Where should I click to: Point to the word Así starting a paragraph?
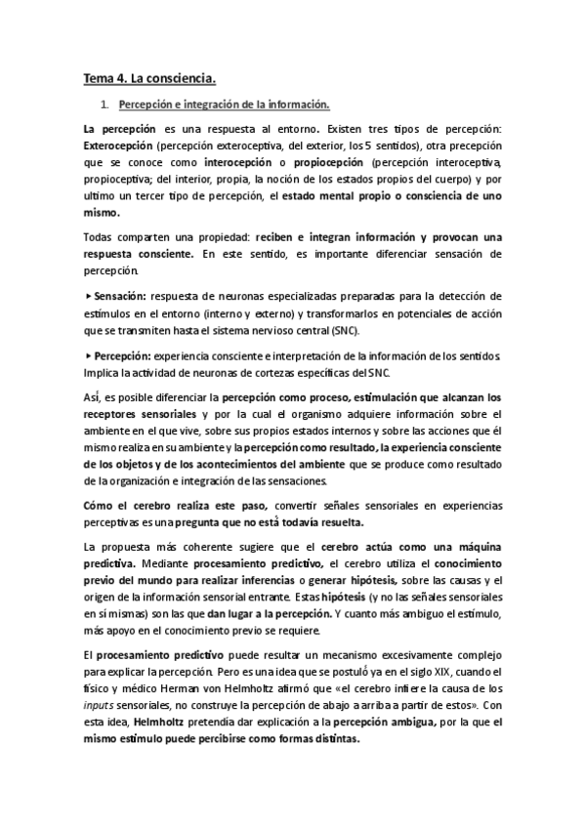tap(95, 397)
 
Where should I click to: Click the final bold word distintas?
tap(332, 739)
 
